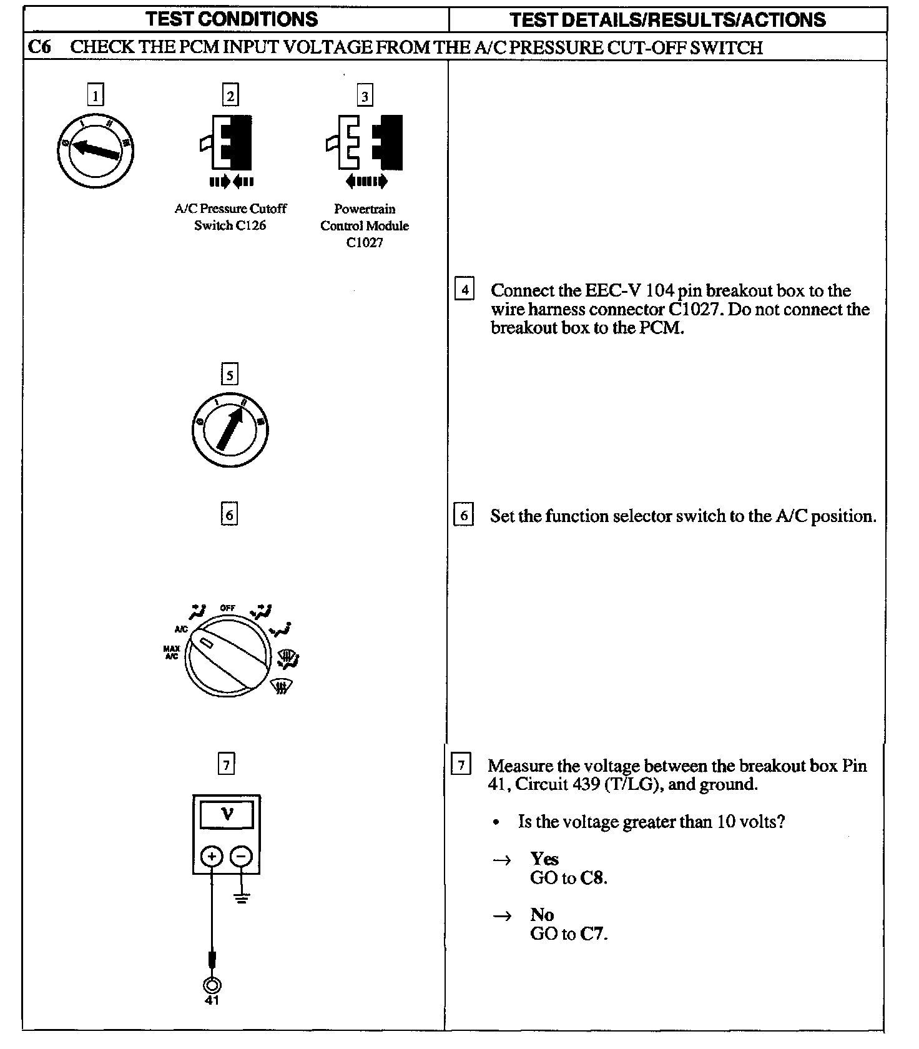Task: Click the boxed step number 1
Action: coord(95,96)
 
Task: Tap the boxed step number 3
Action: coord(365,96)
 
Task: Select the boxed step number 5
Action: coord(230,375)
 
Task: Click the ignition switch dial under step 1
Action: coord(95,150)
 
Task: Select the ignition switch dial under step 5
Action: coord(230,430)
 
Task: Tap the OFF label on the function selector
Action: coord(227,608)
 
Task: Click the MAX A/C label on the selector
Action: coord(171,653)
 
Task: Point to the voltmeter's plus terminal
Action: coord(212,856)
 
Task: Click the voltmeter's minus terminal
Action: coord(242,856)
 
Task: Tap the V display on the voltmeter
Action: coord(227,814)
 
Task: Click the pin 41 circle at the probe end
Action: coord(212,985)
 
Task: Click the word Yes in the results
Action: coord(544,859)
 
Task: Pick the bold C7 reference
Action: coord(593,934)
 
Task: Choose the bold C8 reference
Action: coord(593,878)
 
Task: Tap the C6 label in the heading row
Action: coord(39,47)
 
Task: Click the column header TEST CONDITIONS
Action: coord(232,19)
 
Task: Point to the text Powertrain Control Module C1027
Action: coord(365,225)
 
